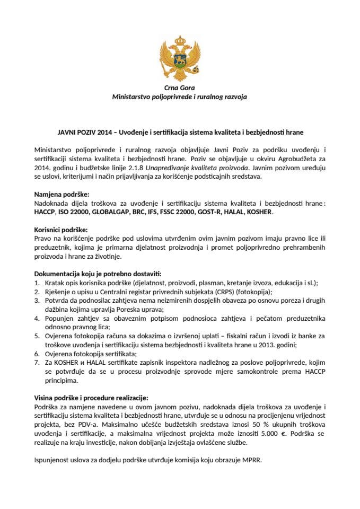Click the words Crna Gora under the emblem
(x=179, y=87)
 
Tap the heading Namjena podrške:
(x=62, y=195)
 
